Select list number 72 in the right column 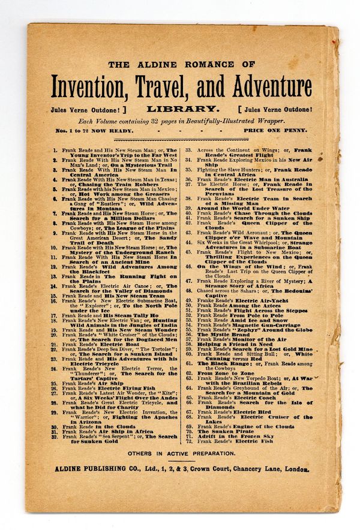[x=188, y=441]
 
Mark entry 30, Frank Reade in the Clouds [x=96, y=426]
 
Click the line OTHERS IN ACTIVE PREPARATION [x=181, y=454]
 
